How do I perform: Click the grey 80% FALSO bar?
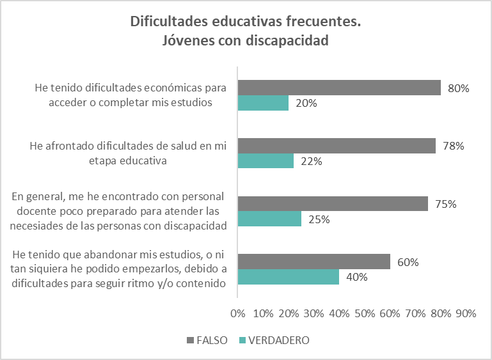[339, 88]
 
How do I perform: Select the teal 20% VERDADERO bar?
[263, 102]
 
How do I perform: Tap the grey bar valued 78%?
[337, 146]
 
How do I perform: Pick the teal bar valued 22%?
[266, 160]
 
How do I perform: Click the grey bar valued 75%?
[333, 204]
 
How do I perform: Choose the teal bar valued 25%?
[269, 219]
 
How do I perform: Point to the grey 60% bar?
[313, 262]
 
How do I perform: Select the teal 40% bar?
[288, 276]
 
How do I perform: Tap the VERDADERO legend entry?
[276, 340]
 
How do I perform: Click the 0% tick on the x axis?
[237, 313]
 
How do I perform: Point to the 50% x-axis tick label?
[364, 313]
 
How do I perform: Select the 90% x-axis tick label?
[466, 313]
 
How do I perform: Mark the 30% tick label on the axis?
[313, 313]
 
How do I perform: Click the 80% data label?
[459, 88]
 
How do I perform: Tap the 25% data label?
[319, 219]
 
